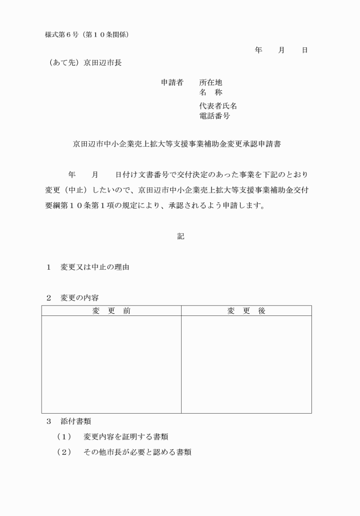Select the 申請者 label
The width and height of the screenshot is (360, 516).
coord(172,83)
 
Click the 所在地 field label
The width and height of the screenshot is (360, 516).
coord(210,83)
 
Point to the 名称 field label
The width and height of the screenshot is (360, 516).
coord(210,93)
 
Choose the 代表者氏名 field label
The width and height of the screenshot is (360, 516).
coord(218,106)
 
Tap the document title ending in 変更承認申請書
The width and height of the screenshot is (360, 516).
coord(180,145)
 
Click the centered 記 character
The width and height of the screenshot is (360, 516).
coord(181,236)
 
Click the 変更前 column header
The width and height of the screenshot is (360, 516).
coord(111,311)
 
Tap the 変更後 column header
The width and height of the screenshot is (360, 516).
coord(246,311)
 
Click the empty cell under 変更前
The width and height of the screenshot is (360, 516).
coord(111,364)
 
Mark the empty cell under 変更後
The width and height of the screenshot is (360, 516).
coord(246,364)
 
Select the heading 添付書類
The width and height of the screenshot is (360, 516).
coord(75,422)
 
